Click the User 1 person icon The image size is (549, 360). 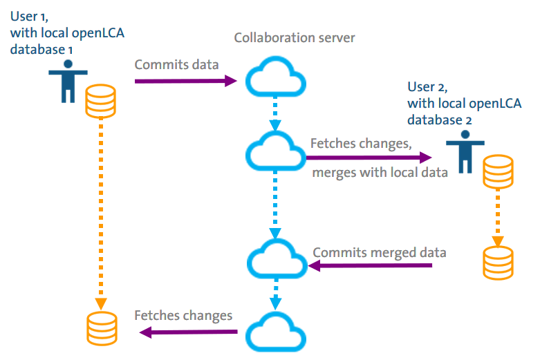67,82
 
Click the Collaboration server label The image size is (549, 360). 295,38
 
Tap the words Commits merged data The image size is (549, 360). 380,252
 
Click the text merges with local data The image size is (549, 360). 379,172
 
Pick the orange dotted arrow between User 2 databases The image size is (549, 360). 497,214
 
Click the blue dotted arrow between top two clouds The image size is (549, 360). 276,113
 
